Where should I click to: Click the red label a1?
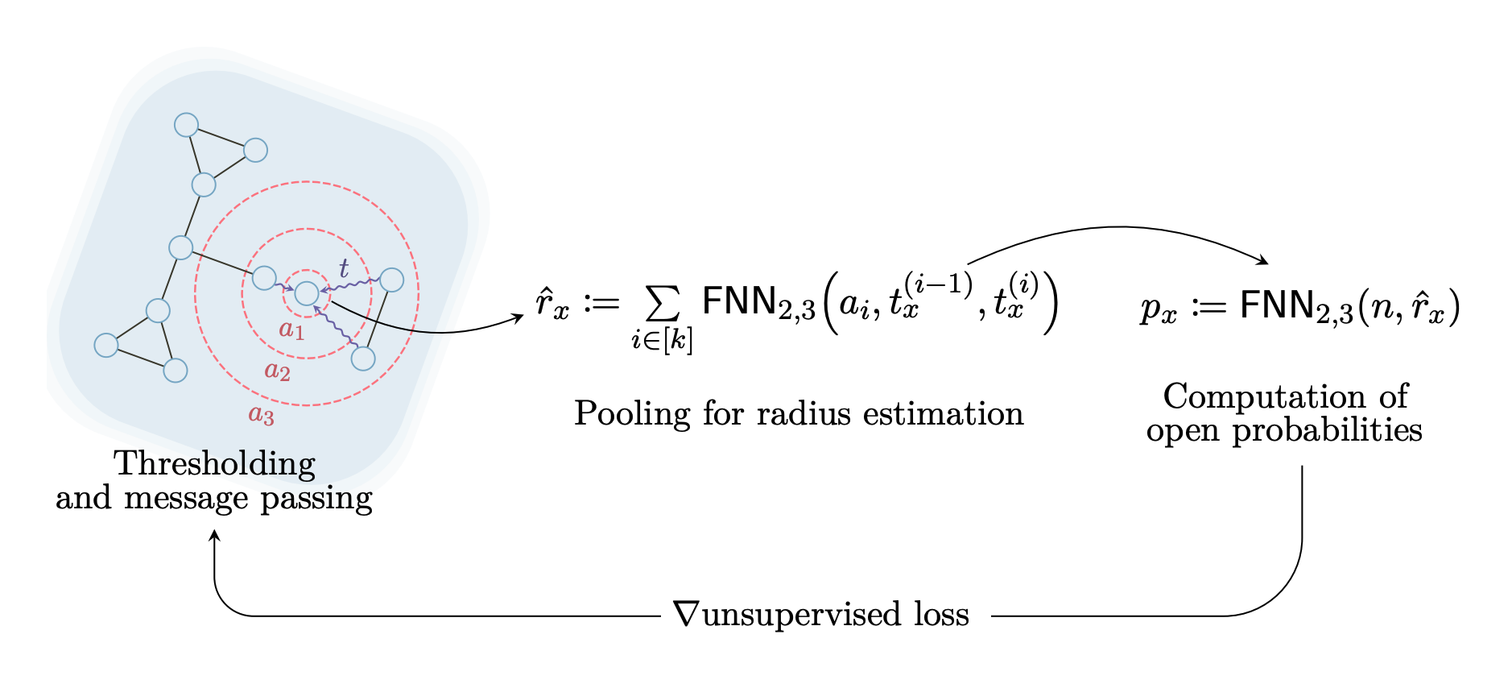click(291, 330)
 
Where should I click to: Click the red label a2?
click(277, 371)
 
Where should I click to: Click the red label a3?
click(261, 415)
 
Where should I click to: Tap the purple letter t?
click(344, 268)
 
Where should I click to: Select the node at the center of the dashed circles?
click(307, 293)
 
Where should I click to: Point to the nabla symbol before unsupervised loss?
click(687, 614)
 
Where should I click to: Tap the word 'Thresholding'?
click(214, 465)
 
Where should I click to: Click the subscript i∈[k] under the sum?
click(662, 341)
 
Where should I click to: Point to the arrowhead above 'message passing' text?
click(215, 536)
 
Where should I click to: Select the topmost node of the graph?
click(186, 125)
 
